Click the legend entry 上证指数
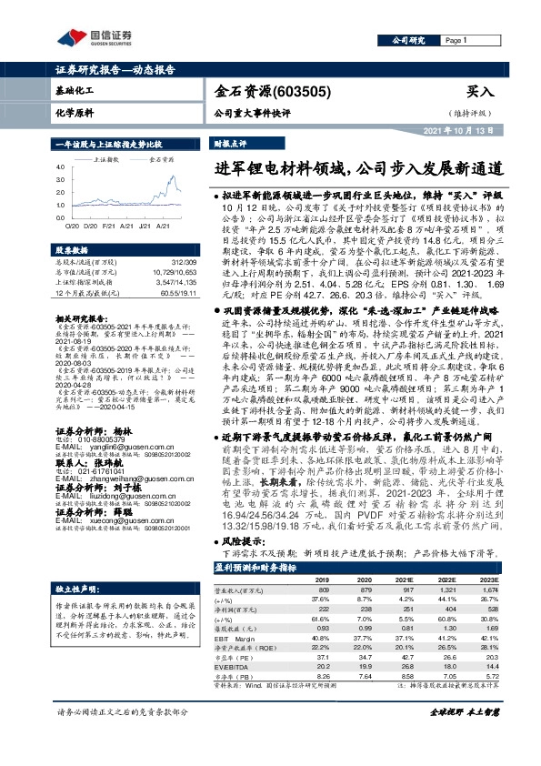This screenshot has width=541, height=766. (x=106, y=157)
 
